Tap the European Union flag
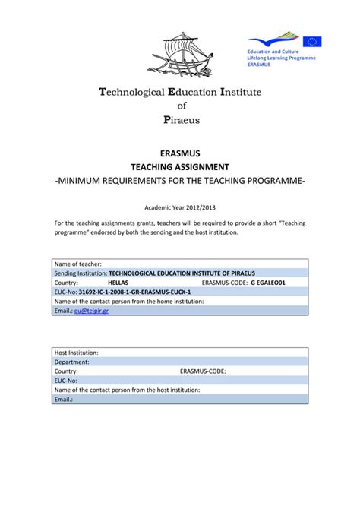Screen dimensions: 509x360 312,43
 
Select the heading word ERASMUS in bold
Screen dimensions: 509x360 180,154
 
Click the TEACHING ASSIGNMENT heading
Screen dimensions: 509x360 180,167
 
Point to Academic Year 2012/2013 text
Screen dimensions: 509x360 180,206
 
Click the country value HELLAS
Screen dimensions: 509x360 118,282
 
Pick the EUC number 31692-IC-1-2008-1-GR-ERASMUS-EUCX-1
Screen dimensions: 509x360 134,292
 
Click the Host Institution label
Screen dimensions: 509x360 77,353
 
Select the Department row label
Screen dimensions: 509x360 73,362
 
